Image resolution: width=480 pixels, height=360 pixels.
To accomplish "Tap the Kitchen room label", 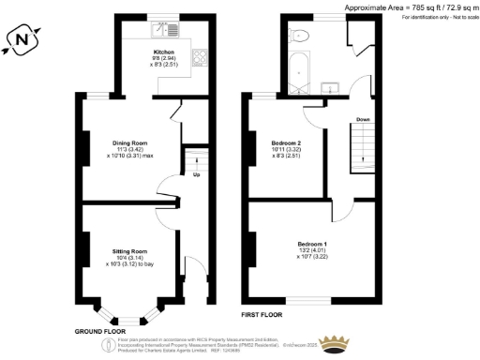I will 165,52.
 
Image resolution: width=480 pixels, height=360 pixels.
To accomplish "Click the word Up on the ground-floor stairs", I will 196,174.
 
